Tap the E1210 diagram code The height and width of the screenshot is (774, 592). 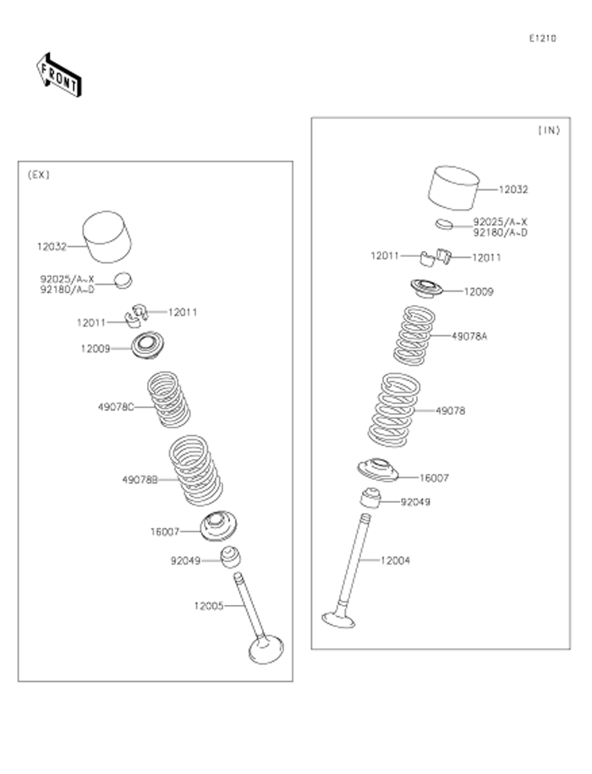point(543,38)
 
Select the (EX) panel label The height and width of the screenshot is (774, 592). point(39,175)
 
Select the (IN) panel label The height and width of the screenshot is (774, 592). point(549,130)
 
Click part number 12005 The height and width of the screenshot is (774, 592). point(209,605)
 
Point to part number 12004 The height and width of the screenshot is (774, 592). point(397,559)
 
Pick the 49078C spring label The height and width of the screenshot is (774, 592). point(116,406)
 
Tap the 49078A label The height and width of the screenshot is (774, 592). point(469,335)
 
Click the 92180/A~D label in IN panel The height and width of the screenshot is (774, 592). point(501,232)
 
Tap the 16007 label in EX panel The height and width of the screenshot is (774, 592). point(165,531)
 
